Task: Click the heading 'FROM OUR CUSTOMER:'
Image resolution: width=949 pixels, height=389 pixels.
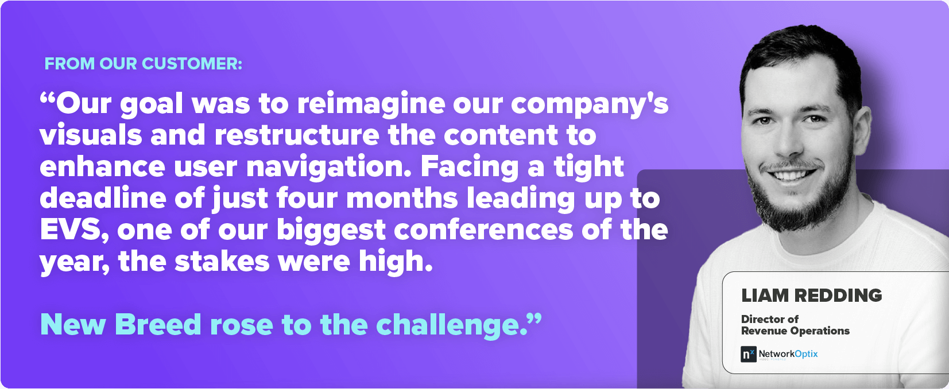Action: [143, 64]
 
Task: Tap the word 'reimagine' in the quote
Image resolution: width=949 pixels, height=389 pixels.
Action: [371, 104]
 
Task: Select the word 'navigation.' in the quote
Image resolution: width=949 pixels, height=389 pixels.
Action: [329, 167]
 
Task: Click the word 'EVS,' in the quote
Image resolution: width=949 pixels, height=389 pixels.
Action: [74, 231]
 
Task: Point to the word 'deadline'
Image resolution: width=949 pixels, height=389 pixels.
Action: [103, 198]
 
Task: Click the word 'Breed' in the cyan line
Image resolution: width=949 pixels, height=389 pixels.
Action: [158, 325]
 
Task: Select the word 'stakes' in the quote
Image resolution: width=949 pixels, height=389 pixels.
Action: [222, 261]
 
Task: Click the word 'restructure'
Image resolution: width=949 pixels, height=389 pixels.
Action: [297, 135]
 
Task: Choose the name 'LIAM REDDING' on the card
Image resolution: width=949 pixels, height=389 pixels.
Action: [811, 295]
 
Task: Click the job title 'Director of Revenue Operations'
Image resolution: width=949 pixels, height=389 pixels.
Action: [795, 325]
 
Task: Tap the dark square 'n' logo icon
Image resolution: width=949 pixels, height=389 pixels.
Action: [748, 354]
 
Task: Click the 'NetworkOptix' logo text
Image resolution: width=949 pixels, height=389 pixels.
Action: [788, 354]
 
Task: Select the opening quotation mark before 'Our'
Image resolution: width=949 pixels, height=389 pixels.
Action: [47, 99]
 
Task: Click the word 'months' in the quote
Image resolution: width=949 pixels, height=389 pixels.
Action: [402, 198]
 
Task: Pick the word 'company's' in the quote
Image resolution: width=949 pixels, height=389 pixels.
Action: [590, 104]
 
